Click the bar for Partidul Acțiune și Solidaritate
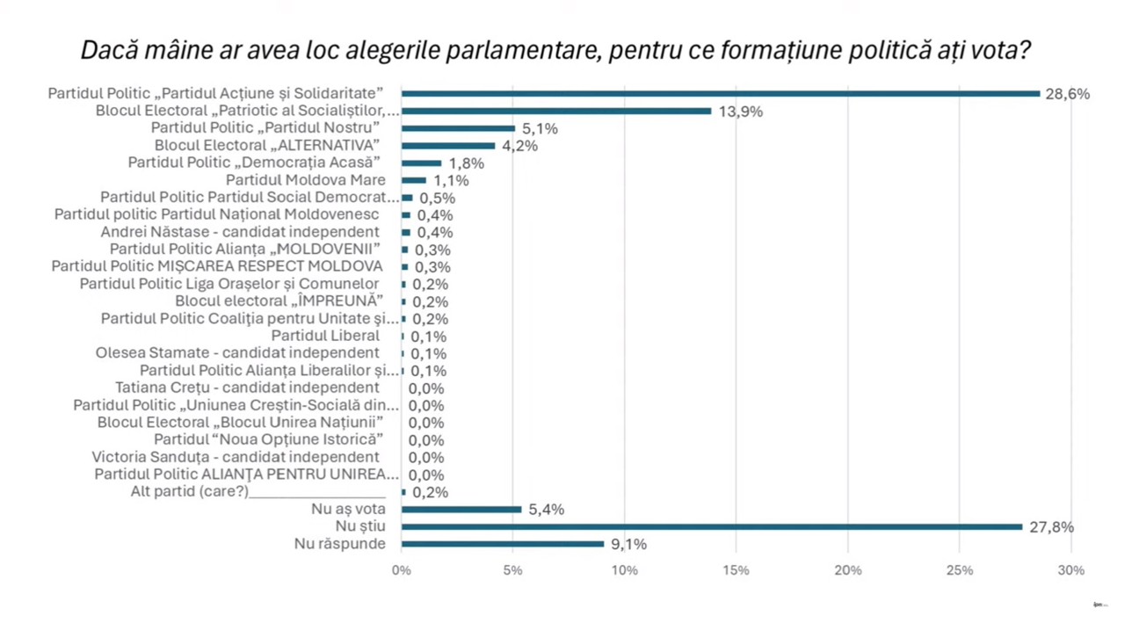tap(721, 93)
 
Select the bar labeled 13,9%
tap(556, 111)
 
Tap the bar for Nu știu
tap(712, 527)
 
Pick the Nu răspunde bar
tap(503, 544)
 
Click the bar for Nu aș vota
tap(461, 510)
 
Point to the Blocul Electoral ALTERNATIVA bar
tap(448, 146)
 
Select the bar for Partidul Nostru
tap(458, 128)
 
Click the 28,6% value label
tap(1067, 94)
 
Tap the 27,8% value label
tap(1050, 527)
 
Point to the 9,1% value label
tap(628, 545)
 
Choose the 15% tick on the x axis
tap(737, 571)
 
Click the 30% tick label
tap(1071, 571)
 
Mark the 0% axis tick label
tap(401, 571)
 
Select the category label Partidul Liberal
tap(325, 336)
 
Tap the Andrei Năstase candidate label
tap(240, 232)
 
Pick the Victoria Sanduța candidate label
tap(236, 457)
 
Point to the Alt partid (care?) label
tap(190, 492)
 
